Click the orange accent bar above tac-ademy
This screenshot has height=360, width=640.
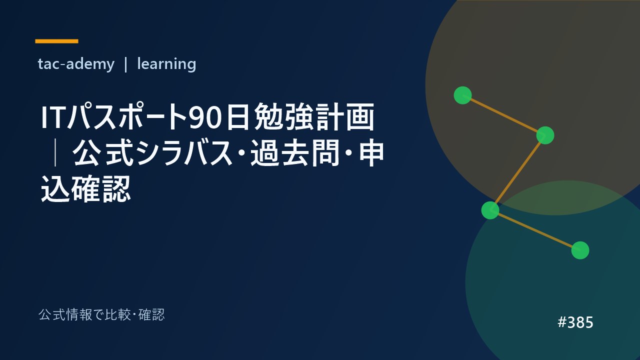point(56,41)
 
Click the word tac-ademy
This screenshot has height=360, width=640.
point(76,64)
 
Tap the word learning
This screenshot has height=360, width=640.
point(166,64)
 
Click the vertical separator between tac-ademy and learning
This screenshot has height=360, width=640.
point(125,64)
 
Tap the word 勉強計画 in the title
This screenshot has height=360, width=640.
point(314,117)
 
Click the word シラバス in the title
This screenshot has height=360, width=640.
point(185,153)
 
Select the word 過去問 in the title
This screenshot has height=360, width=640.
point(295,153)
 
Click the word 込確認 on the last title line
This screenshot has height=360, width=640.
point(85,188)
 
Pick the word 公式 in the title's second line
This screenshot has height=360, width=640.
point(103,153)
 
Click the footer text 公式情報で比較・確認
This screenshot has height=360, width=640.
point(101,315)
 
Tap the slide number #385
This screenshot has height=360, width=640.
point(575,322)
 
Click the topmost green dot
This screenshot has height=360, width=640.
point(463,95)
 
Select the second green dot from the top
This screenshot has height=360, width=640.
point(545,135)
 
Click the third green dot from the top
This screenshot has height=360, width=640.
point(490,210)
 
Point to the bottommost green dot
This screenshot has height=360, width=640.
point(580,250)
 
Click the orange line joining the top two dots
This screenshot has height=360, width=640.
point(504,115)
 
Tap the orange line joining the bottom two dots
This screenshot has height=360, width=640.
point(535,230)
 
